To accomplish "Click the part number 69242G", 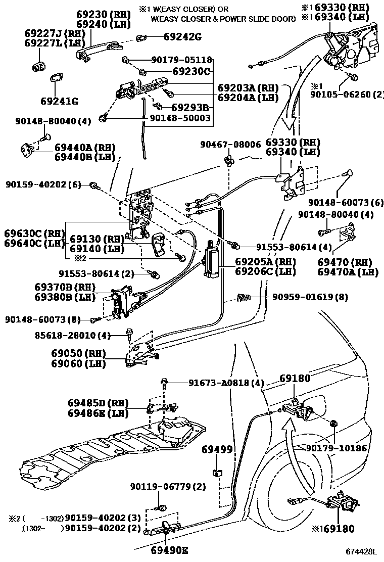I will [182, 36].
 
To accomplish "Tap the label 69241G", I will [60, 101].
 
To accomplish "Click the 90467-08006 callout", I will [229, 145].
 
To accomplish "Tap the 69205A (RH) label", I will [265, 262].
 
